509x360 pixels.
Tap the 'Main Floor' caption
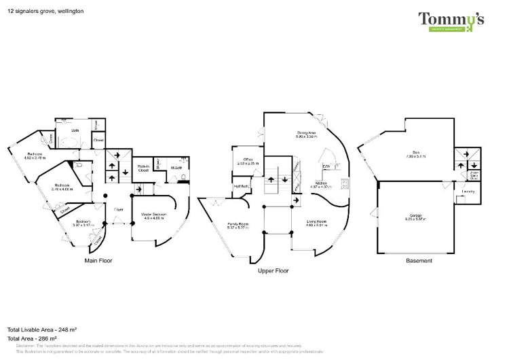(x=98, y=260)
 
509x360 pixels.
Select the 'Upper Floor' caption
(x=274, y=270)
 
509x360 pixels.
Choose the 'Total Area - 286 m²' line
(x=31, y=338)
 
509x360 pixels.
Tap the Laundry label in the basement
(x=468, y=192)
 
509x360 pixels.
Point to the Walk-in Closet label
(x=143, y=168)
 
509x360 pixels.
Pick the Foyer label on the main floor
(x=118, y=210)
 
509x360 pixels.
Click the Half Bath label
(x=242, y=185)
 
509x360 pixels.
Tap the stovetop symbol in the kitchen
(x=345, y=183)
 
